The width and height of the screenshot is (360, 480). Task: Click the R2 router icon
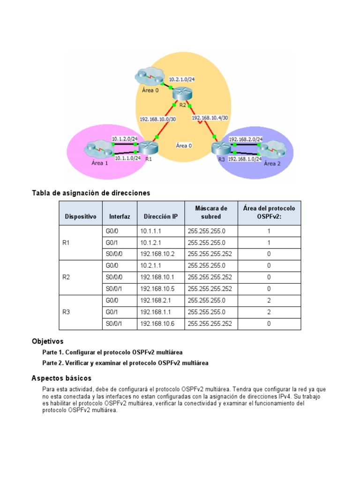pos(182,93)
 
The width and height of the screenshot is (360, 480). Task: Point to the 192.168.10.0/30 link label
pos(157,119)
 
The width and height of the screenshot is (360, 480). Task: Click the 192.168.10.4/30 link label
pos(209,118)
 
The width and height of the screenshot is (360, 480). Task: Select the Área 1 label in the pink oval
pos(99,163)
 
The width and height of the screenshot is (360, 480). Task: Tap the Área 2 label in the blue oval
pos(272,164)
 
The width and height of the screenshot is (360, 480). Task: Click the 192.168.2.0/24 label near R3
pos(245,139)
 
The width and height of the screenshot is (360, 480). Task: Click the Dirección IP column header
pos(160,217)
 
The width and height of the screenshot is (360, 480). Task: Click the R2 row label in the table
pos(66,277)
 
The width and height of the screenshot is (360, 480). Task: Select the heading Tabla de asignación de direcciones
pos(90,193)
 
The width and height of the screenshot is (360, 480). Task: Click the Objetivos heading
pos(47,341)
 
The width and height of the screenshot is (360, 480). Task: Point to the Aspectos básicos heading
pos(61,378)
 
